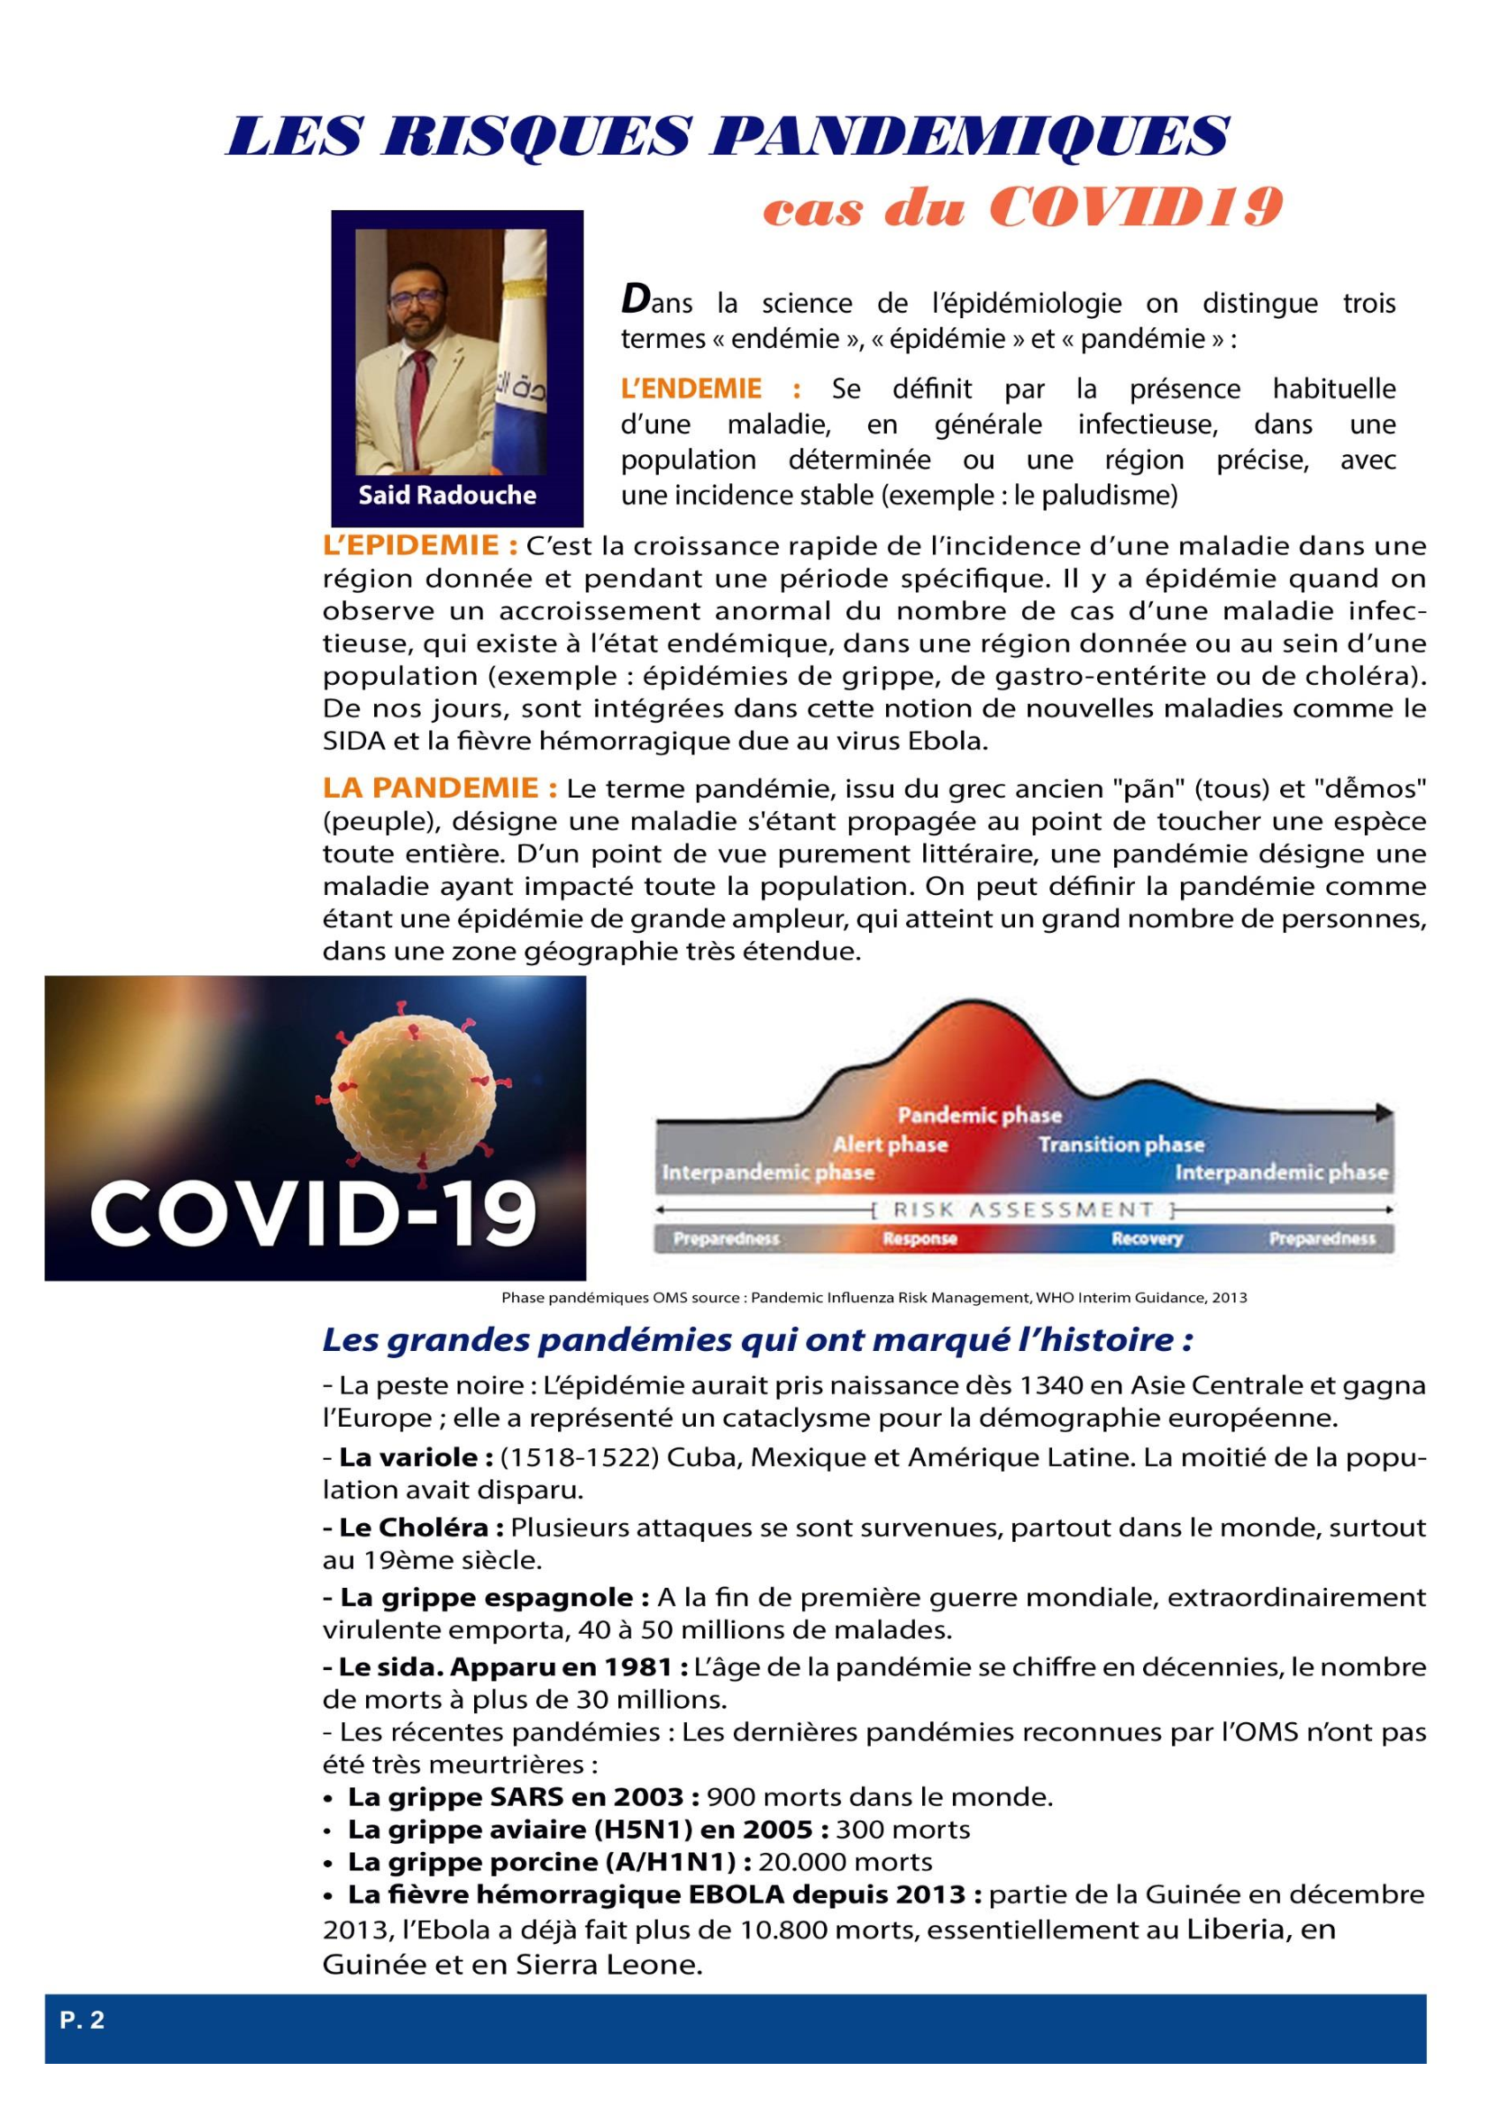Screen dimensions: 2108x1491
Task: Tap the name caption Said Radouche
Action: point(447,496)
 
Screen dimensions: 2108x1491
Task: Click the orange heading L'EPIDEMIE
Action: point(420,546)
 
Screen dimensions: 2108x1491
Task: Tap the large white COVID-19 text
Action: point(313,1210)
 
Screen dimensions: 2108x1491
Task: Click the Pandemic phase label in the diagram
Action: point(979,1116)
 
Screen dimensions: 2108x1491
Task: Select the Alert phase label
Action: point(890,1145)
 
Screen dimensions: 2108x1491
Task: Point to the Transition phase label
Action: point(1121,1145)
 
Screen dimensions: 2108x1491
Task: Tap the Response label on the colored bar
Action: point(920,1239)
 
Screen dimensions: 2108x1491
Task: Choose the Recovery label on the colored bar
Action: point(1147,1239)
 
